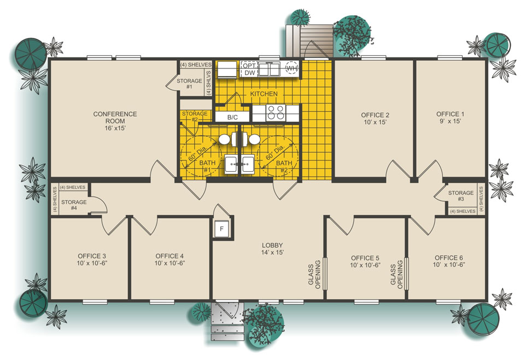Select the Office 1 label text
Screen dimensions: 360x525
pos(450,118)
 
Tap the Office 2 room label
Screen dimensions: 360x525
pos(375,118)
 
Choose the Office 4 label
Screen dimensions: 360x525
pos(170,259)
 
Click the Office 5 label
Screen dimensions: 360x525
pos(365,261)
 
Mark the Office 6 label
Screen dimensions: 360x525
pos(448,261)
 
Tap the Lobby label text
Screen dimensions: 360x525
pos(272,248)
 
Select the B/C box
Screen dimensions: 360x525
pos(232,117)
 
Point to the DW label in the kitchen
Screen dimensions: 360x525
pos(249,73)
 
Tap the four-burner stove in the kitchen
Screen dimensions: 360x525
pos(275,113)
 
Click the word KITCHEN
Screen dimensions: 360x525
pos(264,94)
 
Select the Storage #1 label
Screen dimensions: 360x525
pos(189,84)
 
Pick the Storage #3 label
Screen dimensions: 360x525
pos(460,196)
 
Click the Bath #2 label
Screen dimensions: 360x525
pos(283,166)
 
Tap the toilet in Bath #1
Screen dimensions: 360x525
pos(224,140)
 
